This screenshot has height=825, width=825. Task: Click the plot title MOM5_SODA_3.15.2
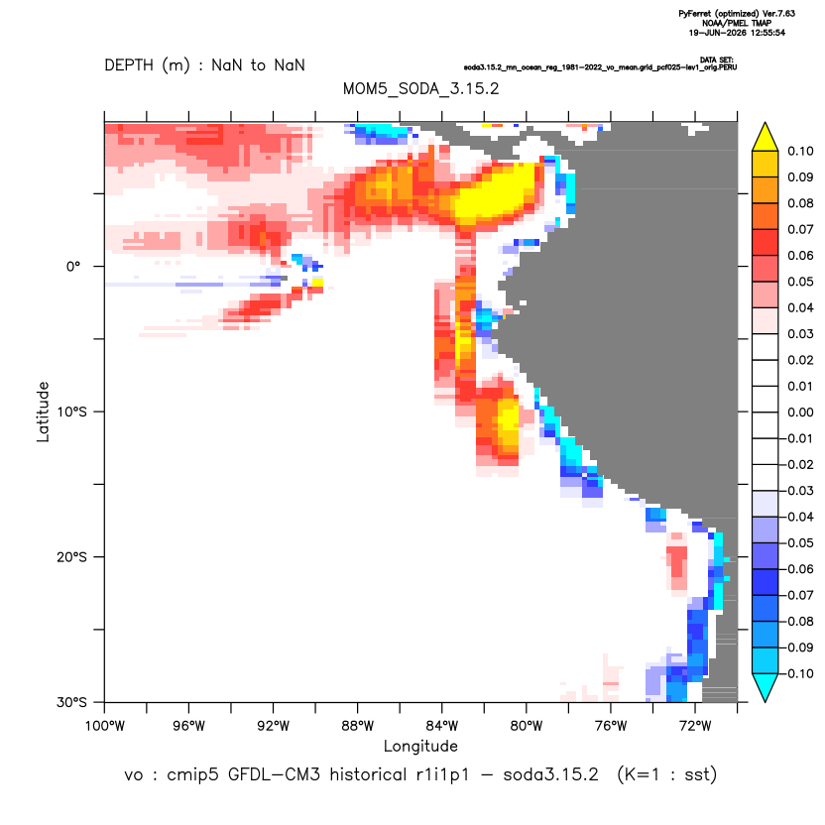420,88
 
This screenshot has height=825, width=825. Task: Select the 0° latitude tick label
73,266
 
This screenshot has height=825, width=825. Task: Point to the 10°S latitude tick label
71,412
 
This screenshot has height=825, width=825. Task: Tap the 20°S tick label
71,556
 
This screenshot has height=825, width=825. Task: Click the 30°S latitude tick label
71,702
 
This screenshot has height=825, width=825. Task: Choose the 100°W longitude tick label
105,726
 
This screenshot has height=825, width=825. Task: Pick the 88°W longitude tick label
357,726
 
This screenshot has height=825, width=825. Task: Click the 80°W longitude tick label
527,726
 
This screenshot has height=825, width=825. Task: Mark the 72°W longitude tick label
695,726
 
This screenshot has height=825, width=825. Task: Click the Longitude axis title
420,746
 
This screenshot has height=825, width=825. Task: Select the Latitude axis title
43,412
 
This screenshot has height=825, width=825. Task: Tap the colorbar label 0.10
800,151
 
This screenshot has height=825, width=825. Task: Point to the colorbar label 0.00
800,412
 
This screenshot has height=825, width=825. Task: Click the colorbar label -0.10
797,673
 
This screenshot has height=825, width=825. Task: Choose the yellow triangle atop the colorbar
766,138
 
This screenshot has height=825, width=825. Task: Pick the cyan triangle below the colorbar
766,687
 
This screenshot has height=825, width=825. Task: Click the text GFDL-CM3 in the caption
274,774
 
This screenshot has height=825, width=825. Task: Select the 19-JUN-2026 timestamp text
717,33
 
